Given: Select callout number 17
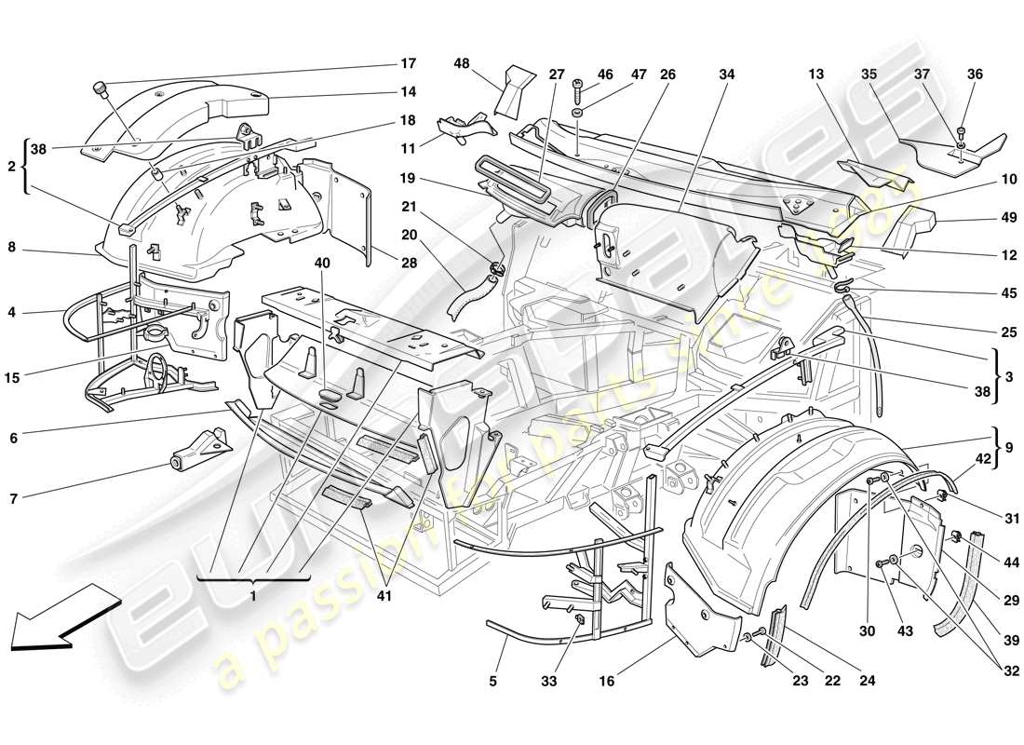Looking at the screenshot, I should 408,64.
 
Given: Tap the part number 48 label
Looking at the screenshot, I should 462,64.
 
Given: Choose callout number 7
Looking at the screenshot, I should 12,498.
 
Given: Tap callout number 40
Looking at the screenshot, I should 321,264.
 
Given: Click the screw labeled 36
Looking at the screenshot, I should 962,132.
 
